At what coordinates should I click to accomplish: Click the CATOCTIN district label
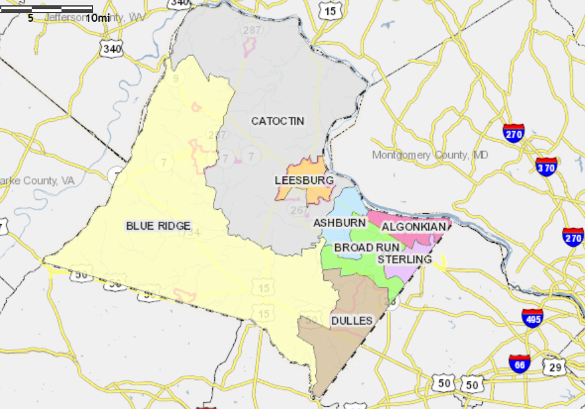(x=278, y=121)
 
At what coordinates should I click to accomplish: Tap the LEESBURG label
(x=304, y=180)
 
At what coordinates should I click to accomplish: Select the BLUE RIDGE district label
(x=158, y=226)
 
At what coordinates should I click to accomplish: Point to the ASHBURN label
(x=339, y=223)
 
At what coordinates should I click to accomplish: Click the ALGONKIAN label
(x=413, y=227)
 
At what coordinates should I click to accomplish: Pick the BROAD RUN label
(x=367, y=247)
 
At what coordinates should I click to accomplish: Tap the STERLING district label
(x=405, y=259)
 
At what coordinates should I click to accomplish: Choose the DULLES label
(x=352, y=321)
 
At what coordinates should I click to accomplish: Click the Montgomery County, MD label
(x=430, y=155)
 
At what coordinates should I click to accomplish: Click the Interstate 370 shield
(x=546, y=166)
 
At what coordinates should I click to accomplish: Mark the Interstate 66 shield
(x=519, y=363)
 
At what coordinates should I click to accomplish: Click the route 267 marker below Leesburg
(x=299, y=210)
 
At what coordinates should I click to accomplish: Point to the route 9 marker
(x=176, y=79)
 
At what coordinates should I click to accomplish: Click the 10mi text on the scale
(x=98, y=18)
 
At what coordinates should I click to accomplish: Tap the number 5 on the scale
(x=30, y=18)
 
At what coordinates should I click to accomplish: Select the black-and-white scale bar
(x=46, y=9)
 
